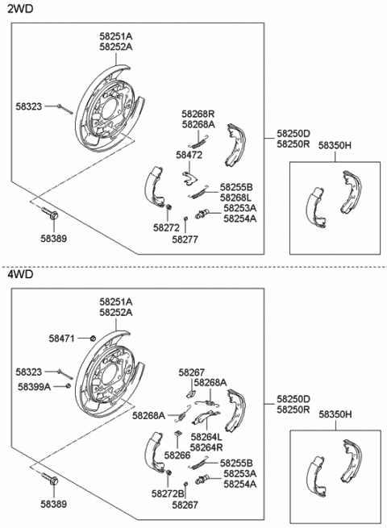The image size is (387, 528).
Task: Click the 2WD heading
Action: [x=20, y=8]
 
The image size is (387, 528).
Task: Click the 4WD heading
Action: [x=20, y=274]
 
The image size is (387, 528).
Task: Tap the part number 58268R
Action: [x=198, y=114]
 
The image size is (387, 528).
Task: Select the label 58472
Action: [x=189, y=155]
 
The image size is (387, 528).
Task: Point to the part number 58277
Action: [x=185, y=239]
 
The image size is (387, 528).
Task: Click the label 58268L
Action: [x=236, y=197]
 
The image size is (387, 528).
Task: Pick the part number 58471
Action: [x=61, y=339]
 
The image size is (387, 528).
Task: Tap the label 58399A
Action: [x=34, y=387]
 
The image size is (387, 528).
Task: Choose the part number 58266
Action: [x=177, y=455]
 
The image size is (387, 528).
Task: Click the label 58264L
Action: [x=206, y=437]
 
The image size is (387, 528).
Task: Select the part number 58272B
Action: [x=168, y=493]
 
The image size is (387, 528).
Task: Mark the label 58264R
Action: [x=206, y=447]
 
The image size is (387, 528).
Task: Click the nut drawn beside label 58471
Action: [x=94, y=338]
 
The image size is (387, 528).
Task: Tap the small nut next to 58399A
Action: [x=68, y=386]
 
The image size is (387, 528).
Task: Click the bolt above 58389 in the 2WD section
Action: [x=50, y=213]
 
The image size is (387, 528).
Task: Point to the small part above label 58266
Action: [x=178, y=434]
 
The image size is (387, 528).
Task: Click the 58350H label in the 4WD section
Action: [x=335, y=414]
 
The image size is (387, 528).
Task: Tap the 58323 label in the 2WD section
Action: [x=29, y=106]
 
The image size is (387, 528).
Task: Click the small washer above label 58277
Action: [x=185, y=219]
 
